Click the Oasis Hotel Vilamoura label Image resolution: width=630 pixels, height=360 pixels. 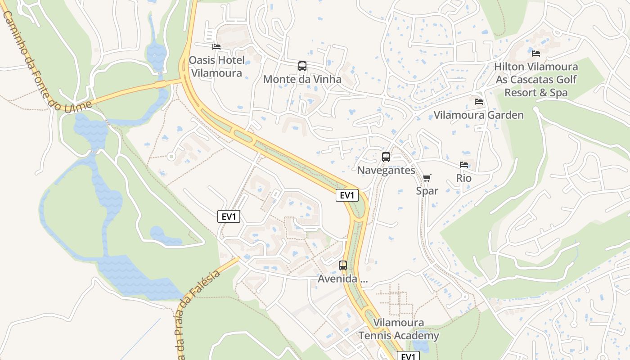point(217,67)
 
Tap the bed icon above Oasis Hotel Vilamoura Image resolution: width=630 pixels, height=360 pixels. point(216,47)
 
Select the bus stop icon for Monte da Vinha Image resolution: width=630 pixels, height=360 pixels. point(302,66)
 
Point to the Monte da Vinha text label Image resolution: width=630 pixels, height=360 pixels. point(302,80)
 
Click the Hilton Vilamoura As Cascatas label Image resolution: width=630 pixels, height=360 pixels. point(536,80)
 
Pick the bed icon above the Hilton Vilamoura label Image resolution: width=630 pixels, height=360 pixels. point(536,53)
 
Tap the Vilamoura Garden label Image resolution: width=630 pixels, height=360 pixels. point(479,115)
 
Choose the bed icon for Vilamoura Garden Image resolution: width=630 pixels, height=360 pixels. point(479,102)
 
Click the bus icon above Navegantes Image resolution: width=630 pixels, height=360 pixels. point(386,157)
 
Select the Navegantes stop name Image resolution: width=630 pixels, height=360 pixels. point(386,171)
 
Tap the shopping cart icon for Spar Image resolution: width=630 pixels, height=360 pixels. point(427,178)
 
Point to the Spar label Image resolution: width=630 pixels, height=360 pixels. point(427,191)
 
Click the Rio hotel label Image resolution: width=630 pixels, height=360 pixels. point(464,178)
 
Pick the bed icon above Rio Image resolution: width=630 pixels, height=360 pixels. point(464,165)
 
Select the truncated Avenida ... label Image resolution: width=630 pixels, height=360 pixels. point(343,279)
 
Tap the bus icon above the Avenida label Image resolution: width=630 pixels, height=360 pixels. point(343,265)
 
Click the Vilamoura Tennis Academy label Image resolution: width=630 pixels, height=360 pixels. point(399,329)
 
